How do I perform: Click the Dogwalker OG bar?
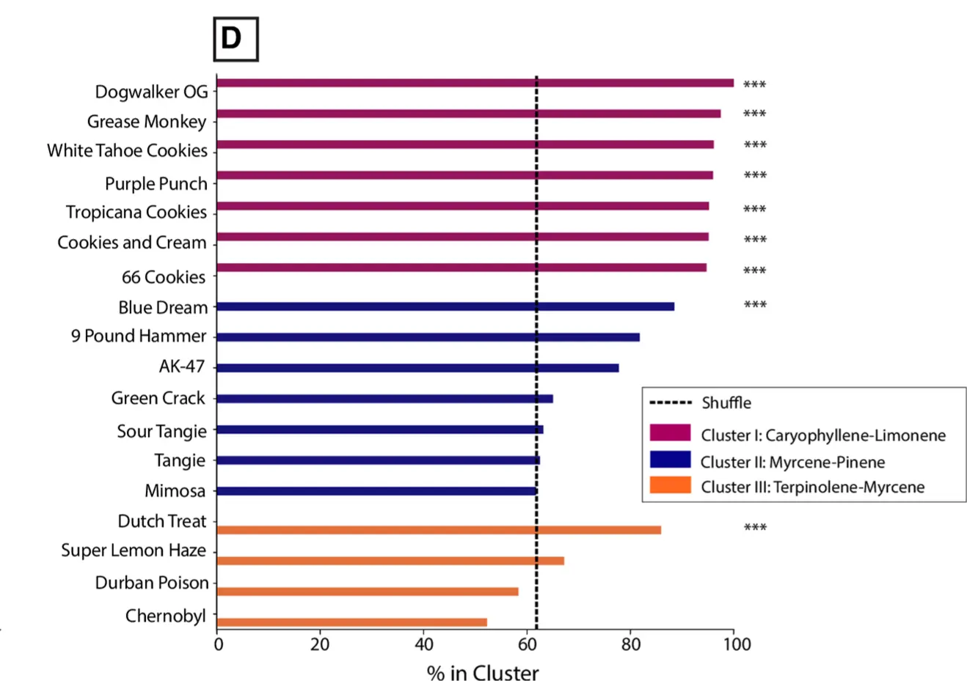pyautogui.click(x=475, y=83)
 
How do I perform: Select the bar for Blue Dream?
pyautogui.click(x=445, y=306)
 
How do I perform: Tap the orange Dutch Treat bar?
pyautogui.click(x=439, y=530)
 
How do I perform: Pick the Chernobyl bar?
pyautogui.click(x=351, y=622)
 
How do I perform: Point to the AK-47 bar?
pyautogui.click(x=417, y=368)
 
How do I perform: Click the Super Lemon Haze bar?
pyautogui.click(x=390, y=561)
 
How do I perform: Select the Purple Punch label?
pyautogui.click(x=156, y=183)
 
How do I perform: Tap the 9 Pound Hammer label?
pyautogui.click(x=139, y=336)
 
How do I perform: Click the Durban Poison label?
pyautogui.click(x=152, y=583)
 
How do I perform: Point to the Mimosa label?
pyautogui.click(x=175, y=490)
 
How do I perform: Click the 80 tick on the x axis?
pyautogui.click(x=630, y=644)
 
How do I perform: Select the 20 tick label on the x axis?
pyautogui.click(x=320, y=644)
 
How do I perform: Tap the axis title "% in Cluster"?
pyautogui.click(x=483, y=671)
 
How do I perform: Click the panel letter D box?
pyautogui.click(x=236, y=38)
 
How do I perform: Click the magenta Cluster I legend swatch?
pyautogui.click(x=670, y=432)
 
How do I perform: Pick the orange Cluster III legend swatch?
pyautogui.click(x=670, y=485)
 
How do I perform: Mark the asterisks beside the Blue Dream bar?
pyautogui.click(x=755, y=305)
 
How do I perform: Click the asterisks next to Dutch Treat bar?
pyautogui.click(x=755, y=528)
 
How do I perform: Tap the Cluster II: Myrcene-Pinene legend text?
pyautogui.click(x=792, y=462)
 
